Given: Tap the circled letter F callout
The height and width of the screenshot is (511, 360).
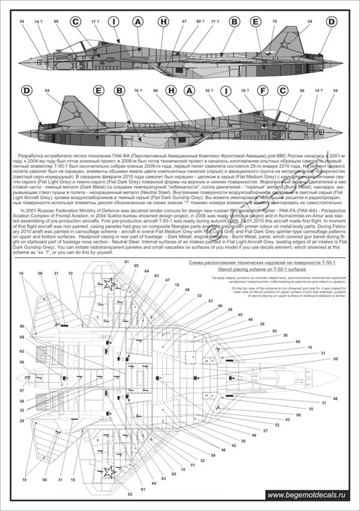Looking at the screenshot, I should tap(262, 91).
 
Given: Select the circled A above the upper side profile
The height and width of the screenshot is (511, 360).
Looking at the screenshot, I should tap(138, 22).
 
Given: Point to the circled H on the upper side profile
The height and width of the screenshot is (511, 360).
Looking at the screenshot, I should tap(162, 22).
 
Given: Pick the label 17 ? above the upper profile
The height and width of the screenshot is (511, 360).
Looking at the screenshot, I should tap(95, 22).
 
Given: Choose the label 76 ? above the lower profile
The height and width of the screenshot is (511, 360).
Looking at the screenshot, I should tap(137, 91).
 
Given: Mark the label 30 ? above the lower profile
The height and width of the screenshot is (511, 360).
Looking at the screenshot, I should tap(209, 91).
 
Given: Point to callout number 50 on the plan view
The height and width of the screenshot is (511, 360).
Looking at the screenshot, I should tap(335, 359).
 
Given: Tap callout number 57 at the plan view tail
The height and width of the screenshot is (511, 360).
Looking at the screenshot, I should tap(22, 390).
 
